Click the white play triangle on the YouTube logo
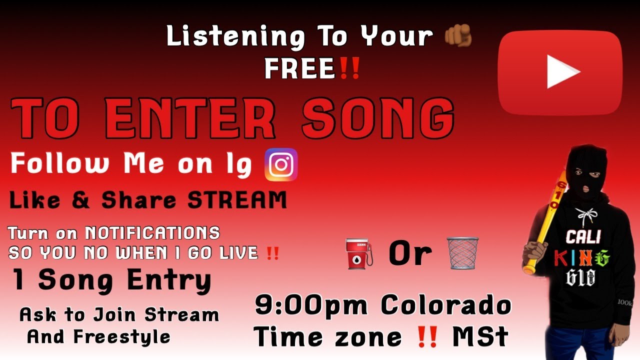(x=562, y=71)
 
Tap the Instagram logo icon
(x=281, y=164)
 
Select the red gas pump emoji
(x=359, y=253)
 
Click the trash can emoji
(x=462, y=253)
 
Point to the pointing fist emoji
(x=457, y=36)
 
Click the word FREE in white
(x=299, y=69)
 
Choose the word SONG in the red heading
(x=377, y=118)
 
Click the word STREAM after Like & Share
(x=236, y=200)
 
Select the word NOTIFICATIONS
(x=152, y=233)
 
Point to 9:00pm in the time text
(x=312, y=305)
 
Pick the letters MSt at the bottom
(x=480, y=337)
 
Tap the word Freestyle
(x=121, y=336)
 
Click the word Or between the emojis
(x=410, y=254)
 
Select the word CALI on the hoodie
(x=583, y=236)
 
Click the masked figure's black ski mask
(x=587, y=170)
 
